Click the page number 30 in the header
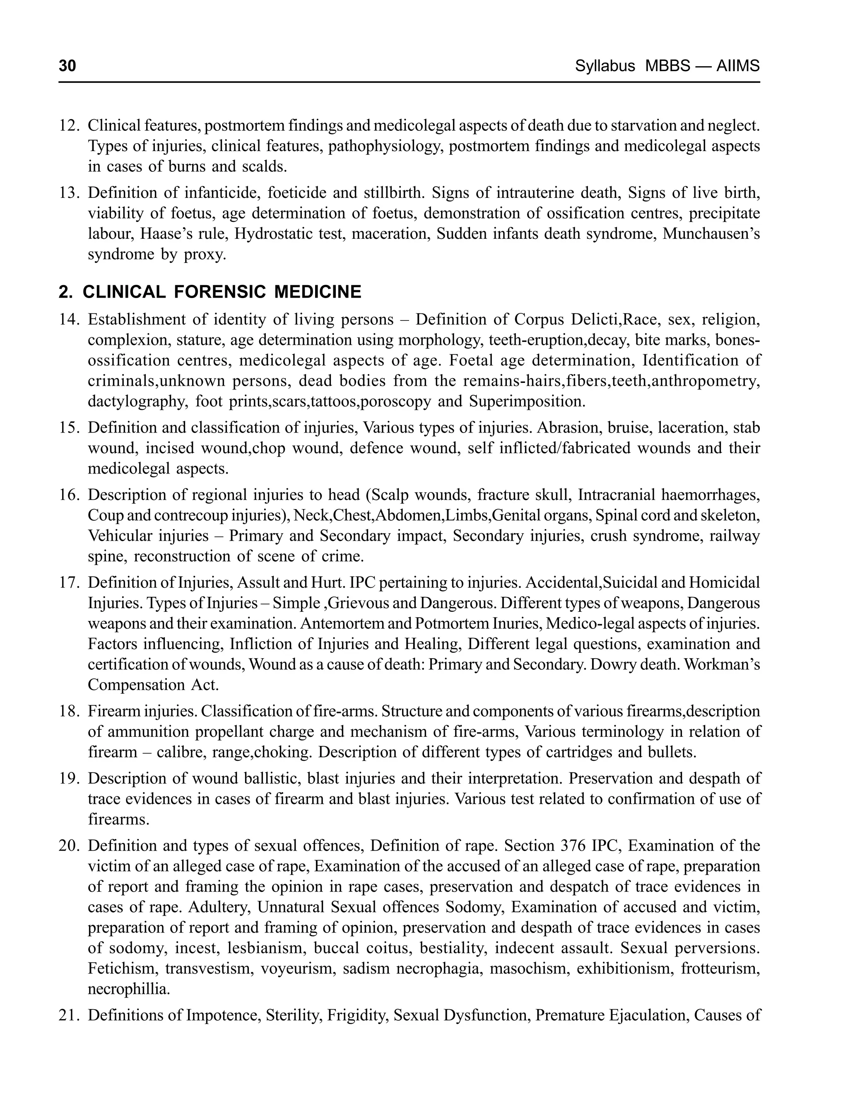67,66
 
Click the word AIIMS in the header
737,66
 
